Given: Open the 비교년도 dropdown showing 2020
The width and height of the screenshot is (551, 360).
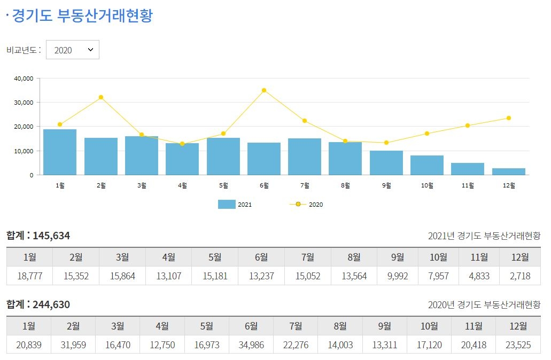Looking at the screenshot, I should click(x=73, y=50).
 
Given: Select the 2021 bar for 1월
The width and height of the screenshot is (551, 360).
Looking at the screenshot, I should click(x=60, y=152).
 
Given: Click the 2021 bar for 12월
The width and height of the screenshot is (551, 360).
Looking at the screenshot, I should click(x=509, y=171).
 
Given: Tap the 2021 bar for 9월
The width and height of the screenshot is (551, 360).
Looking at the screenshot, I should click(x=386, y=163).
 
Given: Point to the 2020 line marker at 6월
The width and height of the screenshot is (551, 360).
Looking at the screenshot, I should click(x=264, y=90).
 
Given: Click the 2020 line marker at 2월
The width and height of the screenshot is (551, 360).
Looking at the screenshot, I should click(x=100, y=97).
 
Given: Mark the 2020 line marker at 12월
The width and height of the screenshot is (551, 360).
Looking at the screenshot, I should click(x=509, y=118).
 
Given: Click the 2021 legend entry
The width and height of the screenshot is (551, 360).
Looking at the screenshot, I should click(x=235, y=204).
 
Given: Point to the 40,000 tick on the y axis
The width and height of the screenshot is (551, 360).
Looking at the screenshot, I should click(x=24, y=79).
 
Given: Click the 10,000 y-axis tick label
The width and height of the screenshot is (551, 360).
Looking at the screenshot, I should click(x=24, y=151).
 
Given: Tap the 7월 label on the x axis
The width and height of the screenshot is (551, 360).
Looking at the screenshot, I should click(x=305, y=185).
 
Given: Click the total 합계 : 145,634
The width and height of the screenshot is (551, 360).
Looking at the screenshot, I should click(x=38, y=236).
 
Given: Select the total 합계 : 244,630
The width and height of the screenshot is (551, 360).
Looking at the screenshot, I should click(x=38, y=304).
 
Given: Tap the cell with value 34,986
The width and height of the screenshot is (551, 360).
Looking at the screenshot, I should click(x=251, y=345).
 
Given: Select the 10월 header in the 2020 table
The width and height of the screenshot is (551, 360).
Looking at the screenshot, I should click(x=429, y=326).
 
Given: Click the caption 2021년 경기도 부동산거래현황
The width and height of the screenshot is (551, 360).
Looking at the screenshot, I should click(x=484, y=236).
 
